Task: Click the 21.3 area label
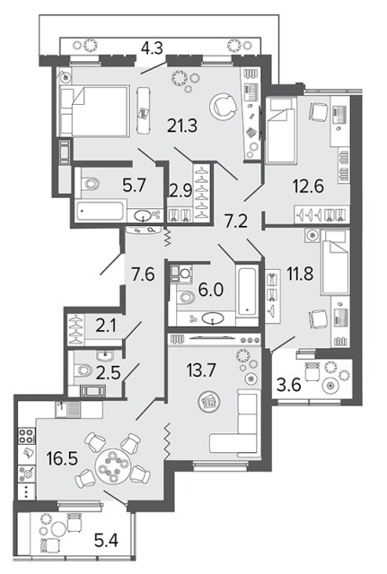tap(182, 126)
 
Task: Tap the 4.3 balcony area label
tap(152, 48)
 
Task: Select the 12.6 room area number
tap(308, 186)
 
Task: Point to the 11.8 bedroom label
tap(300, 274)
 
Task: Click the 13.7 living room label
tap(201, 370)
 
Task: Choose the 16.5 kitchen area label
tap(62, 458)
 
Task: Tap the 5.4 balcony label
tap(106, 540)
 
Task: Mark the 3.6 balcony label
tap(289, 385)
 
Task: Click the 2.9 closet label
tap(180, 191)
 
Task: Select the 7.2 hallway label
tap(236, 222)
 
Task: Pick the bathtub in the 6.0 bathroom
tap(247, 291)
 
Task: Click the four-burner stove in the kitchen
tap(26, 437)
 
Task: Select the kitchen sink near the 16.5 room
tap(68, 409)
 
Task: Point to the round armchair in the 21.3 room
tap(223, 106)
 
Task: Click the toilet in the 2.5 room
tap(84, 370)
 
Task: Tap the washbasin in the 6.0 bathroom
tap(213, 318)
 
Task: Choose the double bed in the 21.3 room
tap(94, 111)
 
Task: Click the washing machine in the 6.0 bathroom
tap(181, 273)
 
